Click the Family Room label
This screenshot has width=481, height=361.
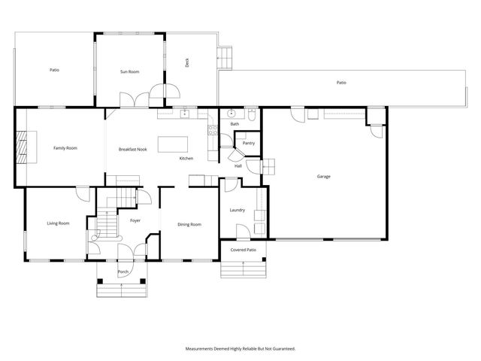[x=65, y=148]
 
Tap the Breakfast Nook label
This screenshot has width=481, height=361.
[x=132, y=150]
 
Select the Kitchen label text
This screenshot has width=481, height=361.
[x=186, y=159]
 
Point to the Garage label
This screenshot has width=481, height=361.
[x=323, y=177]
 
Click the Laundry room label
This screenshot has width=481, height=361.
[x=237, y=210]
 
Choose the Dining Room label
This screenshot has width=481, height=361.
[x=189, y=224]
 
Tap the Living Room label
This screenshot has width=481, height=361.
[x=59, y=223]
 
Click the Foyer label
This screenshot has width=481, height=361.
[x=135, y=220]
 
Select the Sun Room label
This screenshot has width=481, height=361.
[x=130, y=71]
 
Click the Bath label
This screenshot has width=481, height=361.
[x=234, y=124]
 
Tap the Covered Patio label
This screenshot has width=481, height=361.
[x=243, y=250]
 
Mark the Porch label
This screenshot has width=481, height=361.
[x=123, y=272]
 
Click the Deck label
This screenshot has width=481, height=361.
[x=187, y=64]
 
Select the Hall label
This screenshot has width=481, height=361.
[x=237, y=165]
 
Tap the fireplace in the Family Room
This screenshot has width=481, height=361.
[x=26, y=147]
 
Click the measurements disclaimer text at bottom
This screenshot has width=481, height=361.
[x=240, y=348]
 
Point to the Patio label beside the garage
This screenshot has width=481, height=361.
[x=341, y=83]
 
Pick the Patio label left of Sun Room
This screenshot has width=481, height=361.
[x=54, y=70]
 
